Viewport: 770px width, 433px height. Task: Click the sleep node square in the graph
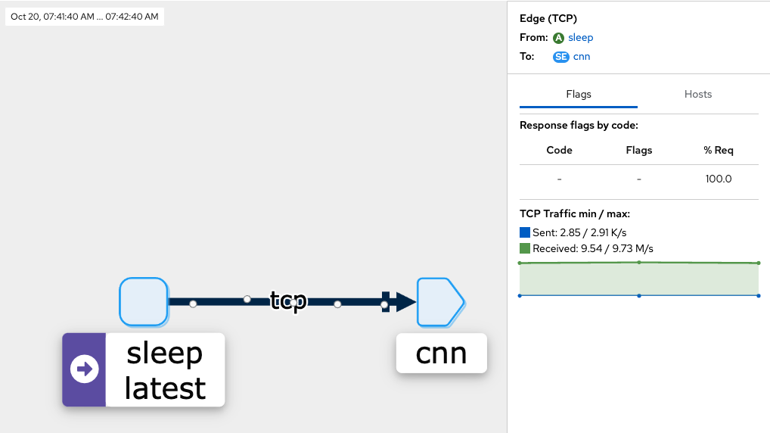point(144,301)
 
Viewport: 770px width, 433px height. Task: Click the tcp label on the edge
point(288,301)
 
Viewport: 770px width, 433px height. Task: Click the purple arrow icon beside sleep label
point(84,369)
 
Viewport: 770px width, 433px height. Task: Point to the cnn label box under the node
point(441,353)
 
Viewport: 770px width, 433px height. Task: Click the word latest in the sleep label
point(165,388)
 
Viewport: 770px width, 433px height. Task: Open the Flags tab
point(579,94)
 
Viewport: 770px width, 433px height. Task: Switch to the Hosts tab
point(698,94)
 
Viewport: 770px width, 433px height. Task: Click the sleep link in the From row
point(581,37)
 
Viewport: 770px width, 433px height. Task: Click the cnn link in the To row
point(582,56)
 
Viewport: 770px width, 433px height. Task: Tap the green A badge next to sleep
point(559,38)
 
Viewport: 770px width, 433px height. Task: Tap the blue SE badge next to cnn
point(560,57)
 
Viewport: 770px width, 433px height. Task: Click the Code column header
point(559,150)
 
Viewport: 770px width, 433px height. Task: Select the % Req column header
point(718,150)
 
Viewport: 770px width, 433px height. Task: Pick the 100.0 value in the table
point(718,179)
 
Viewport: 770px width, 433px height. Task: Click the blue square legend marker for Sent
point(525,232)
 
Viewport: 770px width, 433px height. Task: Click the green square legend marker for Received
point(525,248)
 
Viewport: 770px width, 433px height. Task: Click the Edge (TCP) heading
point(548,19)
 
